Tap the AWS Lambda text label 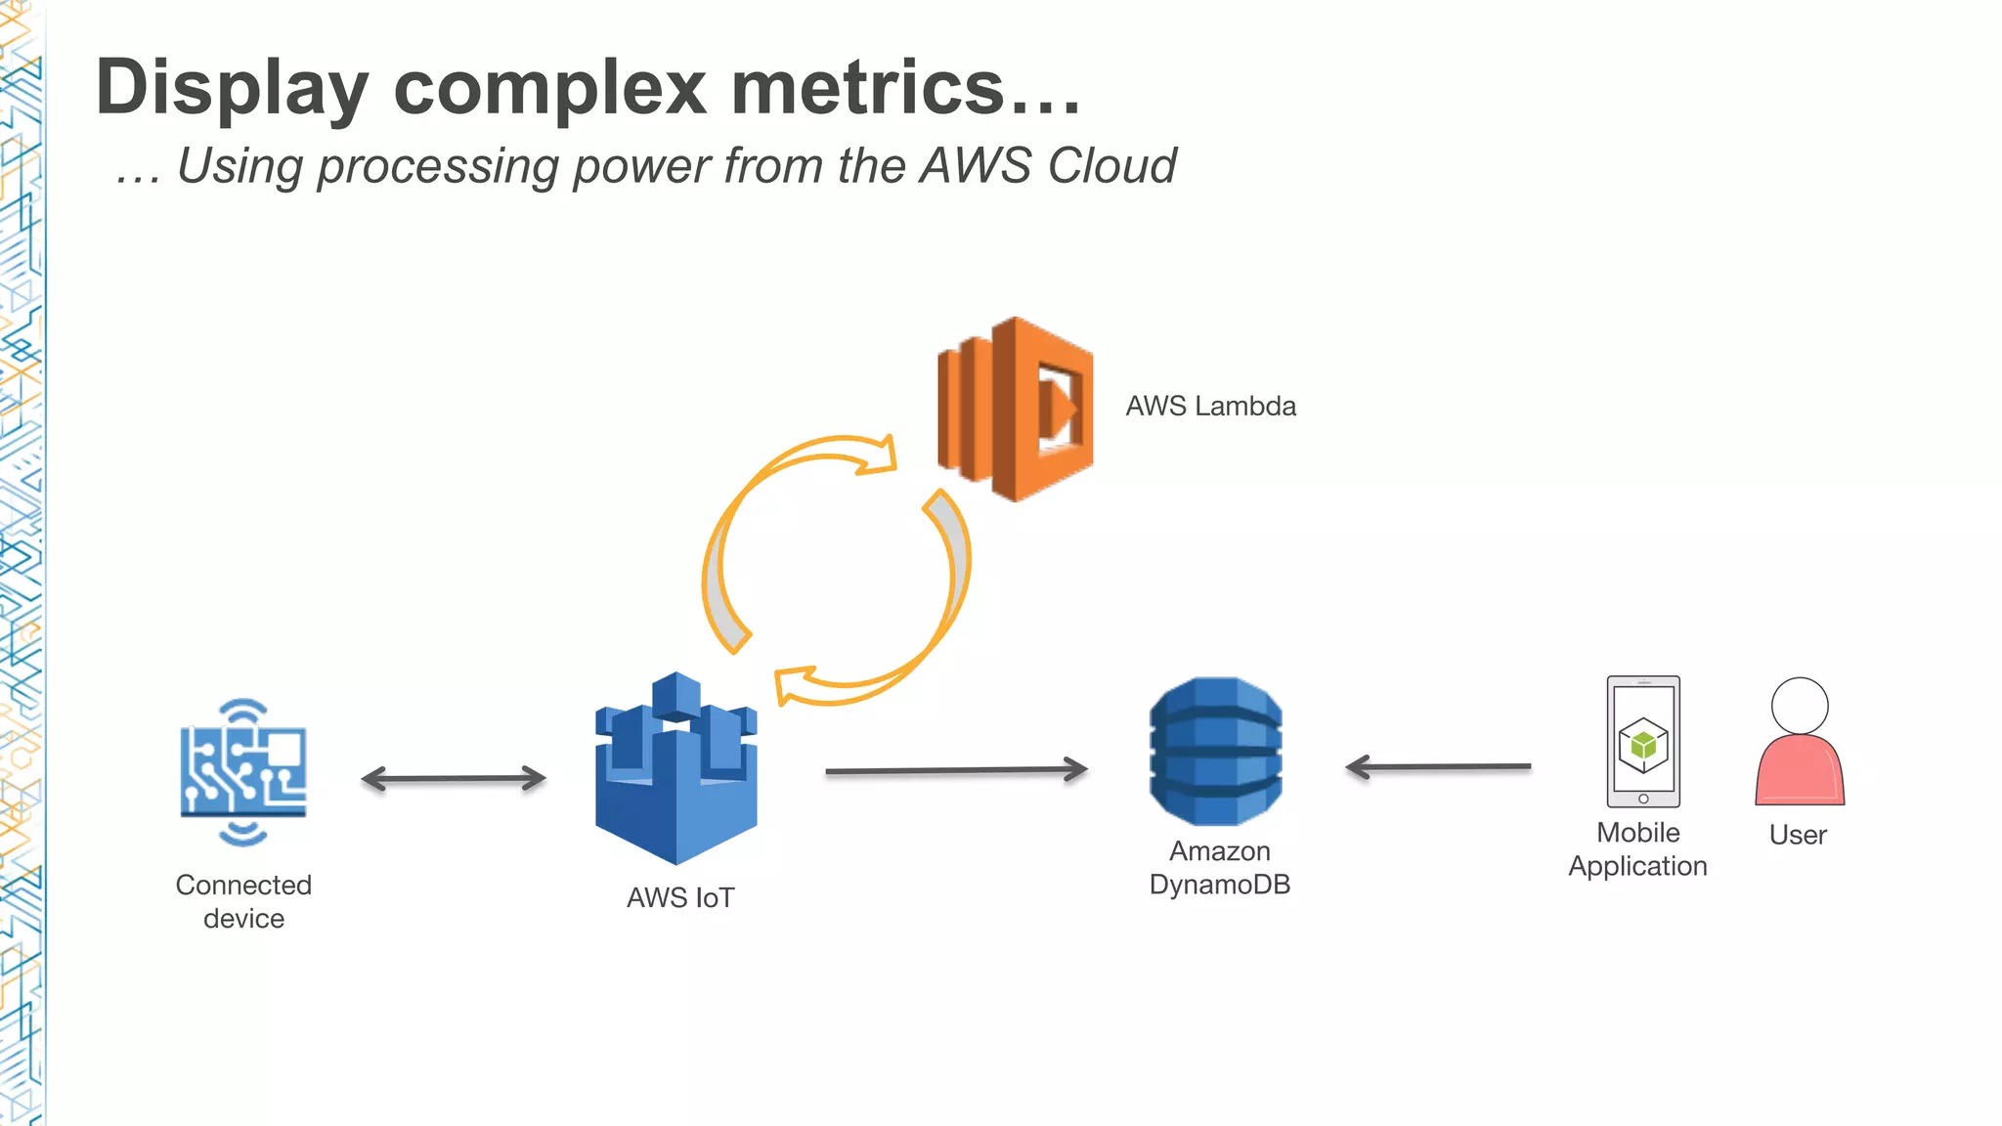[x=1210, y=407]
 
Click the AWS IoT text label [x=680, y=897]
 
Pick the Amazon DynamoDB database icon [x=1215, y=751]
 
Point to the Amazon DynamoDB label [x=1219, y=868]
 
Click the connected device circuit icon [x=242, y=771]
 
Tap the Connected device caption [x=243, y=901]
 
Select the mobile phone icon [x=1643, y=741]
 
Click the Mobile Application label [x=1637, y=849]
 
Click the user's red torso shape [x=1799, y=772]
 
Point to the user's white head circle [x=1799, y=705]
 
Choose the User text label [x=1798, y=835]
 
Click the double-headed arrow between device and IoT [x=454, y=779]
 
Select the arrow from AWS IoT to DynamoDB [x=956, y=770]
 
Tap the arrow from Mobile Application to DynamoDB [x=1438, y=767]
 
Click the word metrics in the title [x=868, y=88]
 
